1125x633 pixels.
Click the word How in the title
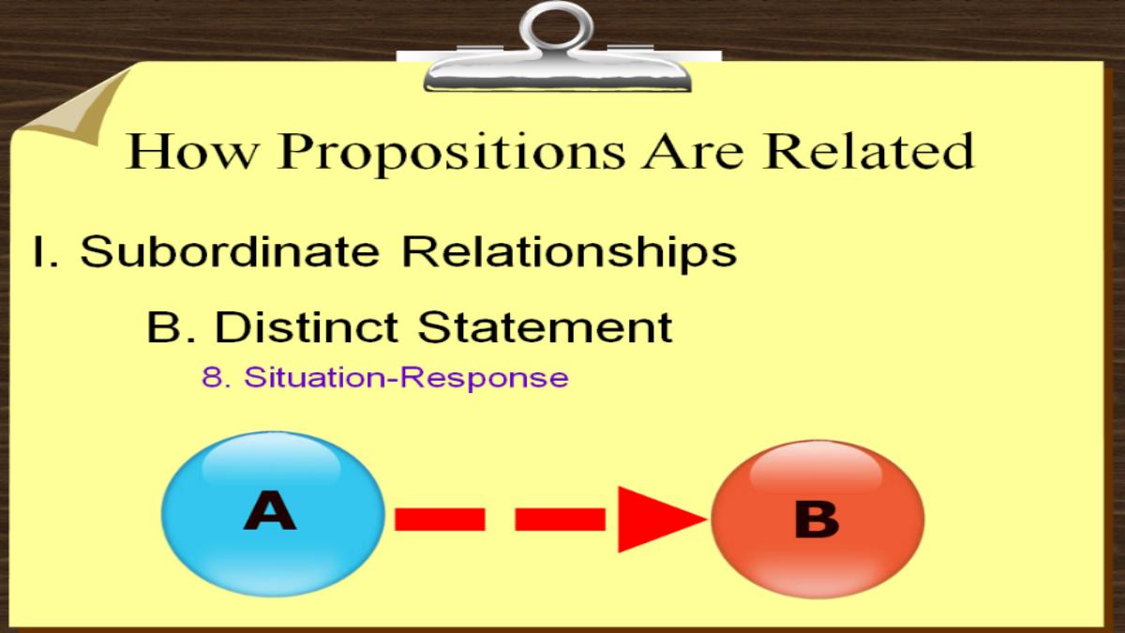[x=192, y=151]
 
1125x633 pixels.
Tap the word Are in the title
[x=693, y=151]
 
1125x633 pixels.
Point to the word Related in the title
[x=868, y=151]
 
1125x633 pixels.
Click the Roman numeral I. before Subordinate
[x=46, y=251]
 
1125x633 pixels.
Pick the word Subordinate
[x=230, y=251]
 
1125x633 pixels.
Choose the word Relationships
[x=570, y=254]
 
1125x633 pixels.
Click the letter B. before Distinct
[x=171, y=327]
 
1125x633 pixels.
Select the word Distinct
[x=307, y=326]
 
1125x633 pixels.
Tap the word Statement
[x=546, y=327]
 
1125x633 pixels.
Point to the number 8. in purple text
[x=217, y=377]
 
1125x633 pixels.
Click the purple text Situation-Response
[x=406, y=379]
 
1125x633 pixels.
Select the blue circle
[x=273, y=514]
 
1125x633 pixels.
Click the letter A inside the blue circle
[x=269, y=510]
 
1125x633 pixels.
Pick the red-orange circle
[x=817, y=519]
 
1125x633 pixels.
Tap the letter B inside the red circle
[x=817, y=519]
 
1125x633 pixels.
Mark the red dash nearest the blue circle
[x=440, y=520]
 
